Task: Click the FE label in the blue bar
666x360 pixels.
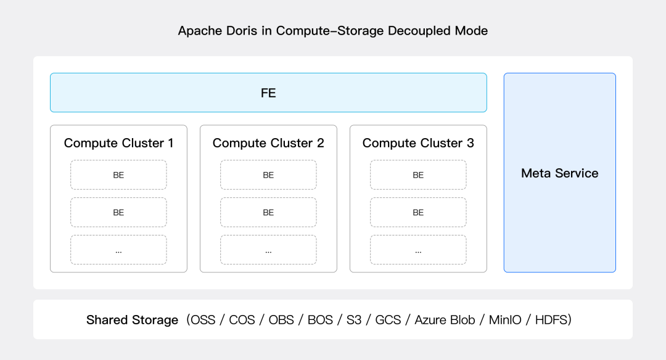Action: click(x=268, y=93)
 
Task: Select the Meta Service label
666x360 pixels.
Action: click(x=560, y=173)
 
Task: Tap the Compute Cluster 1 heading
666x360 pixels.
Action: click(x=118, y=143)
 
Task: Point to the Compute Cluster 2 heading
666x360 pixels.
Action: click(x=268, y=143)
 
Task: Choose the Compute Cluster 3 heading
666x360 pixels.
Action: click(x=418, y=143)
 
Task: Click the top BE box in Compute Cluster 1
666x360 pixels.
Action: click(x=118, y=175)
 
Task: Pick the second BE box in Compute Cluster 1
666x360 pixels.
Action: click(x=118, y=212)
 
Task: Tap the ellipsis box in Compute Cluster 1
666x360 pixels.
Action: click(x=118, y=250)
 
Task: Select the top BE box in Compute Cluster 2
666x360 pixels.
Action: click(x=268, y=175)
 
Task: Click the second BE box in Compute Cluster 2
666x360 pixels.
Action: click(x=268, y=212)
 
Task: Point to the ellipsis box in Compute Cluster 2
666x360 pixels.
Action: click(x=268, y=250)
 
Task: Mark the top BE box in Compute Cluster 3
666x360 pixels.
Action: click(x=418, y=175)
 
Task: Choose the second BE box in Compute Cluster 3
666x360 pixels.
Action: click(x=418, y=212)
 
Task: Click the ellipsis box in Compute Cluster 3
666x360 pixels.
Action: click(x=418, y=250)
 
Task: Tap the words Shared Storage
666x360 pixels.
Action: click(x=132, y=320)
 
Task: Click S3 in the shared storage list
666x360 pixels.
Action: click(x=354, y=320)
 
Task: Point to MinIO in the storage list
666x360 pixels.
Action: click(x=505, y=320)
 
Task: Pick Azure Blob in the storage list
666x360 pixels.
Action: click(x=445, y=320)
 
